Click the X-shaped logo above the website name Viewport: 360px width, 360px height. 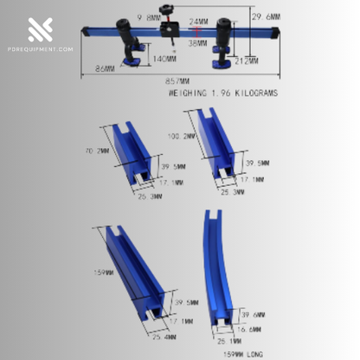(x=41, y=29)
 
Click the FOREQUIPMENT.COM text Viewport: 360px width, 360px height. (x=41, y=49)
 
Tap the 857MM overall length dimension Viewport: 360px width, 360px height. (x=178, y=78)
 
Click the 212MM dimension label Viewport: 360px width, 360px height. (x=245, y=61)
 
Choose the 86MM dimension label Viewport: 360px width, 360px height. (x=106, y=67)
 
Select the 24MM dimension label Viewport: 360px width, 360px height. (x=198, y=22)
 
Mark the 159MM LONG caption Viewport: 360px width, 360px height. (x=242, y=354)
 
